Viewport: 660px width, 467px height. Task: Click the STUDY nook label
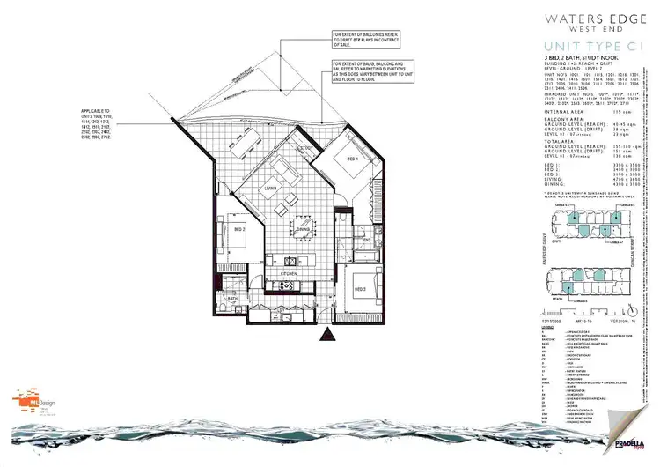(x=306, y=148)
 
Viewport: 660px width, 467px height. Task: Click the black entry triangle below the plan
(x=326, y=334)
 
